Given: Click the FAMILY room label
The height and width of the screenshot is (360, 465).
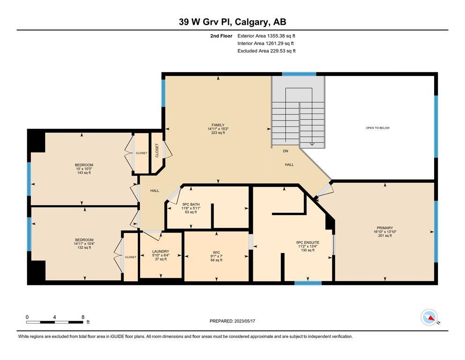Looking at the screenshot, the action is [218, 125].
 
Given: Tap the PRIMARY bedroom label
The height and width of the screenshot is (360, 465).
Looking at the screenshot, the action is [385, 228].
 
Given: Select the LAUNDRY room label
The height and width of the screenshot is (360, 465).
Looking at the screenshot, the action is [161, 251].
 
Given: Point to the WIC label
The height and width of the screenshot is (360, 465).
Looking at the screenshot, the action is [216, 253].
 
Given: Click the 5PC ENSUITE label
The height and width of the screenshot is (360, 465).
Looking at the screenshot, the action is [308, 242].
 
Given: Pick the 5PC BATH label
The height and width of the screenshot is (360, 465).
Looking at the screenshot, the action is [191, 204].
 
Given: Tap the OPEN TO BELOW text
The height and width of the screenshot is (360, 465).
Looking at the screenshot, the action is [378, 128].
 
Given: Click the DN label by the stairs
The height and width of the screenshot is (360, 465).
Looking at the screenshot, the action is [286, 151].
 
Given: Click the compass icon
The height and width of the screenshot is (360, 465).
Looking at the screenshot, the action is [429, 317].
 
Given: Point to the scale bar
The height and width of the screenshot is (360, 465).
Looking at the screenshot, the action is [55, 322].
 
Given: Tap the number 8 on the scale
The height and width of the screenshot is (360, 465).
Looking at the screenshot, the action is [83, 317].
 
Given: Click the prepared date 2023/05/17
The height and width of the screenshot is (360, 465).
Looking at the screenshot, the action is [244, 321].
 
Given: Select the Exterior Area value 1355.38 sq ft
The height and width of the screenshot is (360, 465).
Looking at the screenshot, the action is [281, 36].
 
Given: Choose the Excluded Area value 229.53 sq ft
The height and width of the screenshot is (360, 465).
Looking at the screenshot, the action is [283, 51].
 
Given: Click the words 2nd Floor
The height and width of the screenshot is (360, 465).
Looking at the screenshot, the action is [221, 36].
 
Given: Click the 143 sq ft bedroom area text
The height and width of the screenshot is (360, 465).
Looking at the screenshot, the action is [84, 172].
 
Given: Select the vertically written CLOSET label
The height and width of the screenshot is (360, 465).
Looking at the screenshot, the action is [157, 150].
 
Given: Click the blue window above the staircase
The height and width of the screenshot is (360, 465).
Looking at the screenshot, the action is [299, 74].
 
